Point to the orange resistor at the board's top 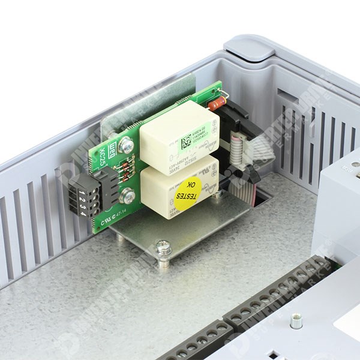coord(217,103)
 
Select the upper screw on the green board coord(127,145)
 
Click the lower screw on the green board coord(127,196)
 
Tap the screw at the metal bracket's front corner coord(163,247)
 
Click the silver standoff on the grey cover coord(296,322)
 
